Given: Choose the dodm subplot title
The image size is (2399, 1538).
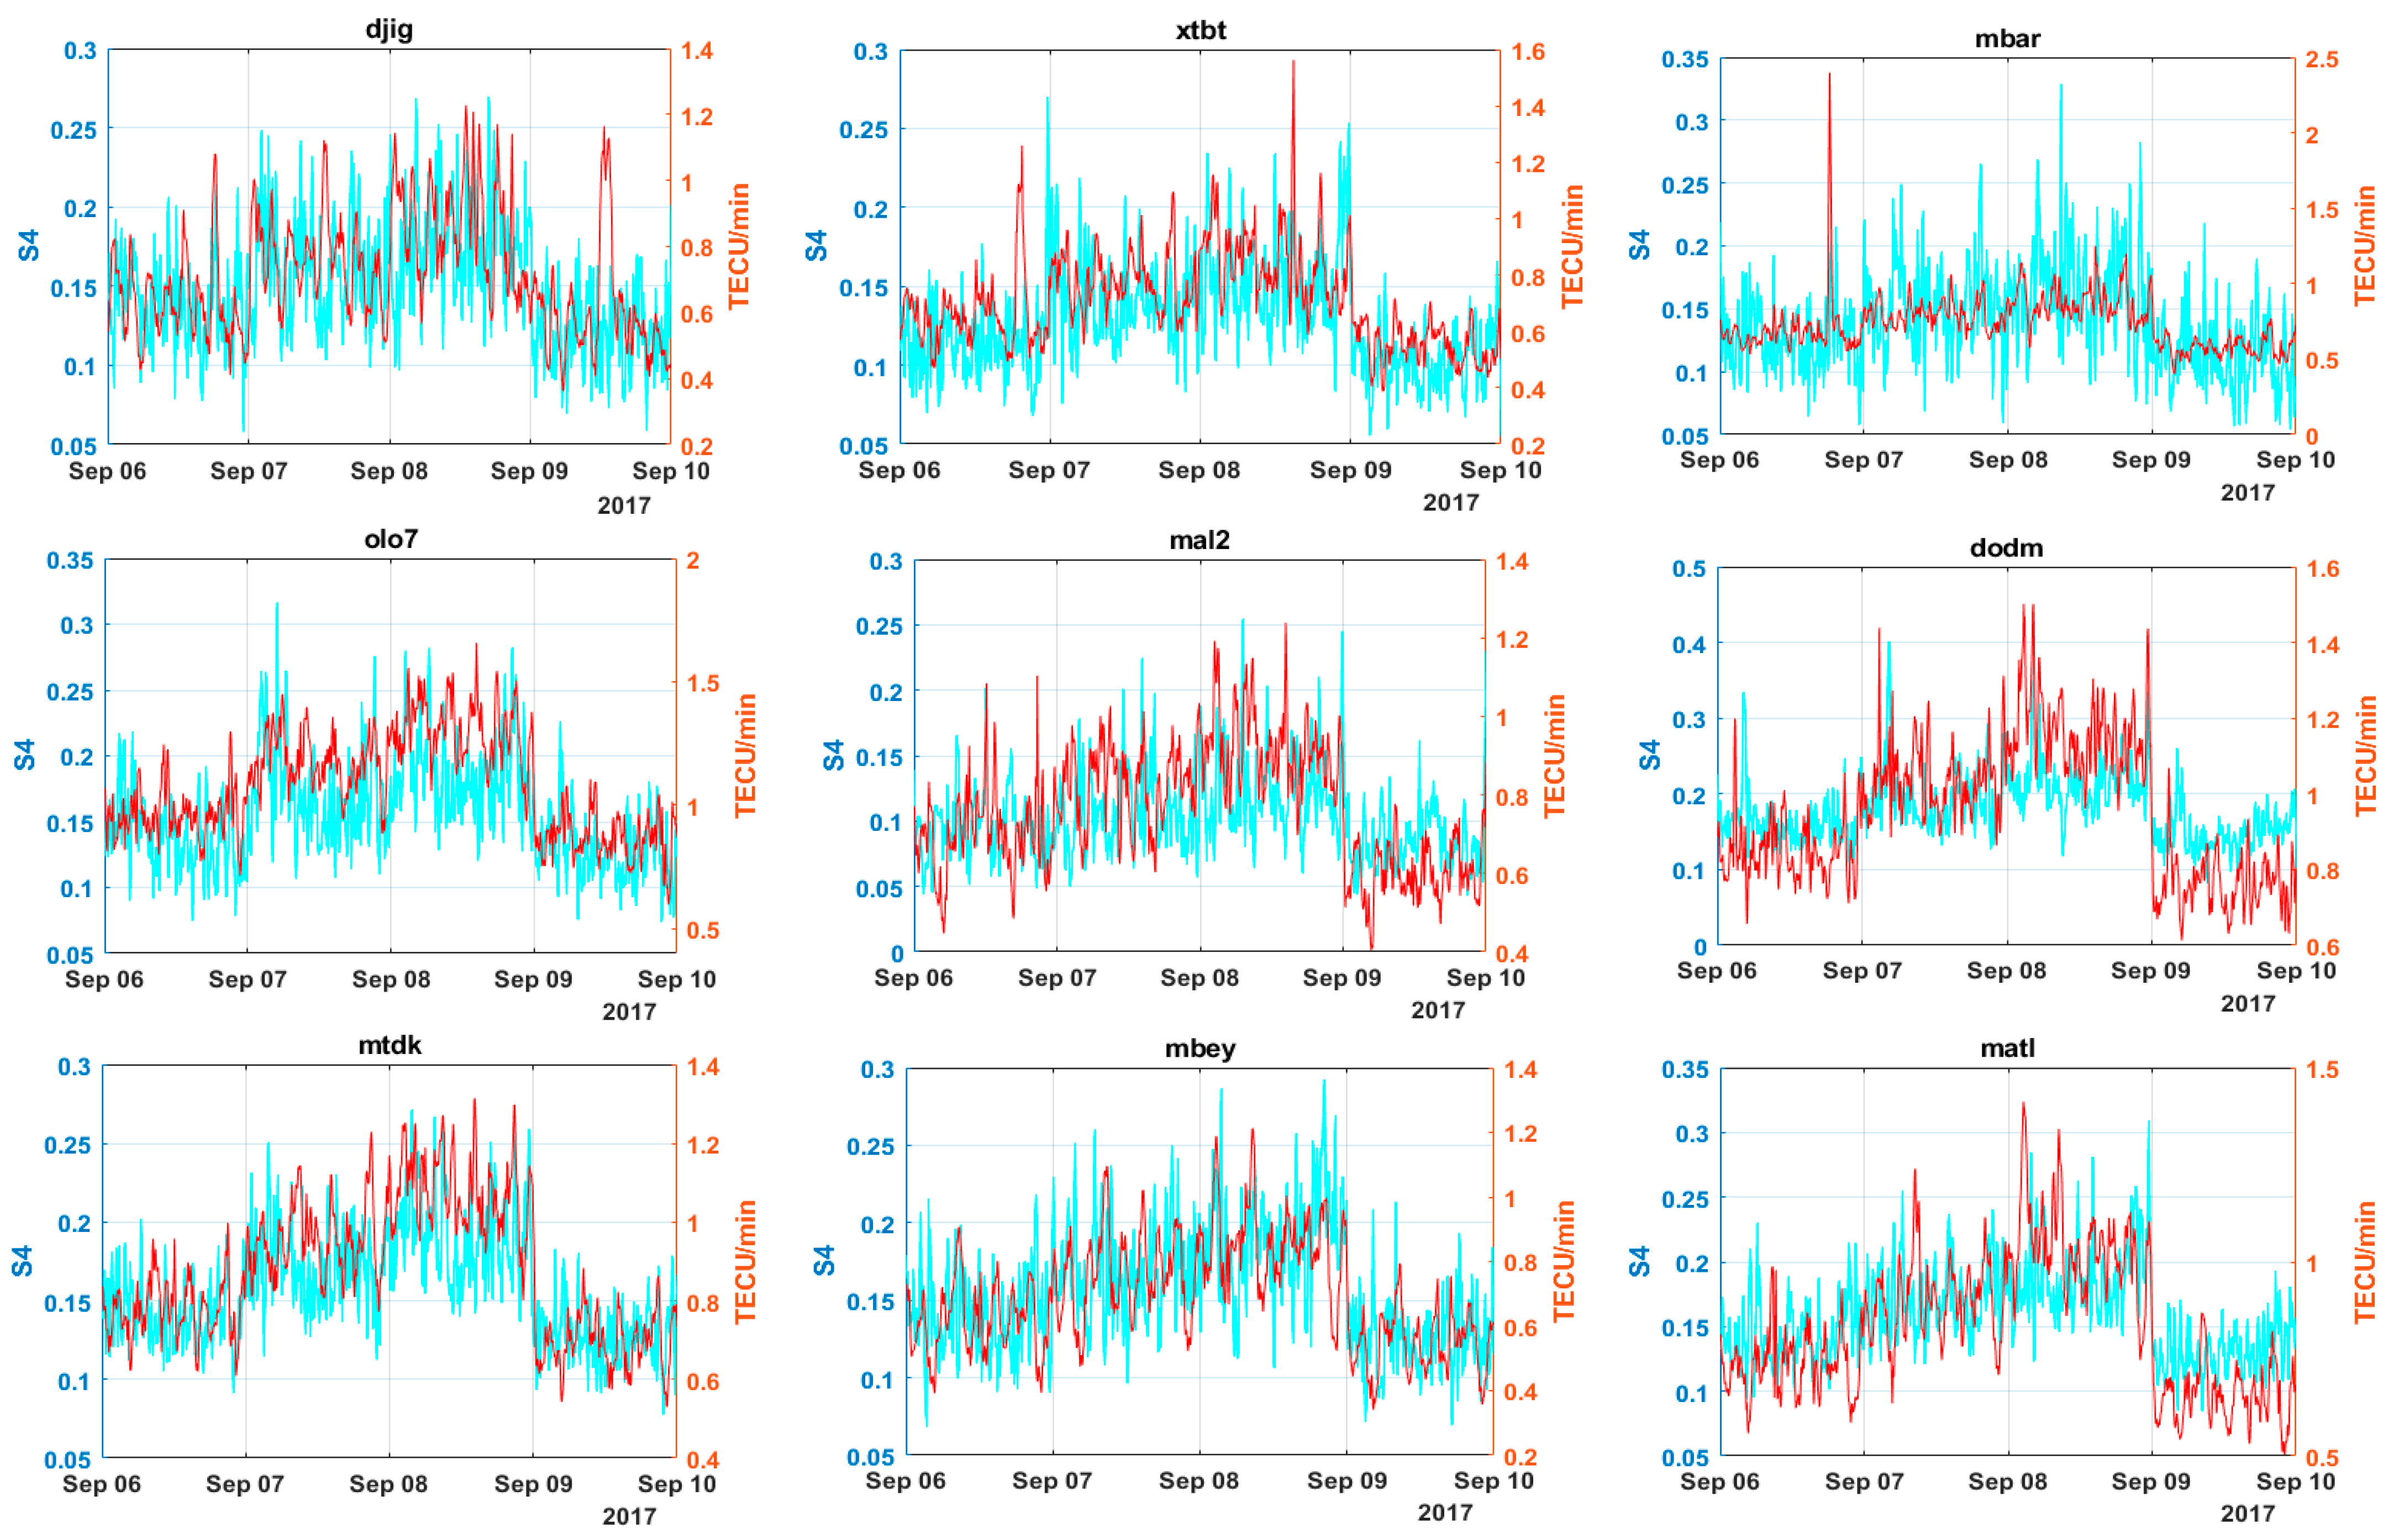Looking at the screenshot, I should click(x=2006, y=547).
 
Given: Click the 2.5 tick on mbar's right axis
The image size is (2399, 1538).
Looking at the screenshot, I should click(x=2321, y=60).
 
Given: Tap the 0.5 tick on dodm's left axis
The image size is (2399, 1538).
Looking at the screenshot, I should click(x=1689, y=568).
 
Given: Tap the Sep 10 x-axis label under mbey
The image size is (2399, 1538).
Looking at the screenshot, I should click(x=1492, y=1480).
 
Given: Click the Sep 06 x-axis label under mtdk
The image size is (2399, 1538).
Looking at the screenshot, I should click(x=102, y=1483).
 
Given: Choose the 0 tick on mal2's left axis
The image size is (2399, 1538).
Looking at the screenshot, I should click(x=897, y=953).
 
